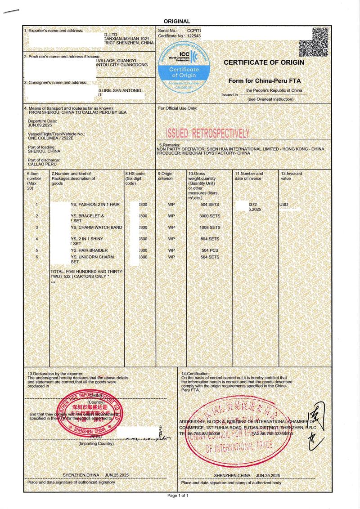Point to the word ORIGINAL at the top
177,21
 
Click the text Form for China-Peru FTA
264,80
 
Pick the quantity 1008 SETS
210,228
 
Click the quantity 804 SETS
210,239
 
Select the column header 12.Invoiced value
291,176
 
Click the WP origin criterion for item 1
171,205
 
